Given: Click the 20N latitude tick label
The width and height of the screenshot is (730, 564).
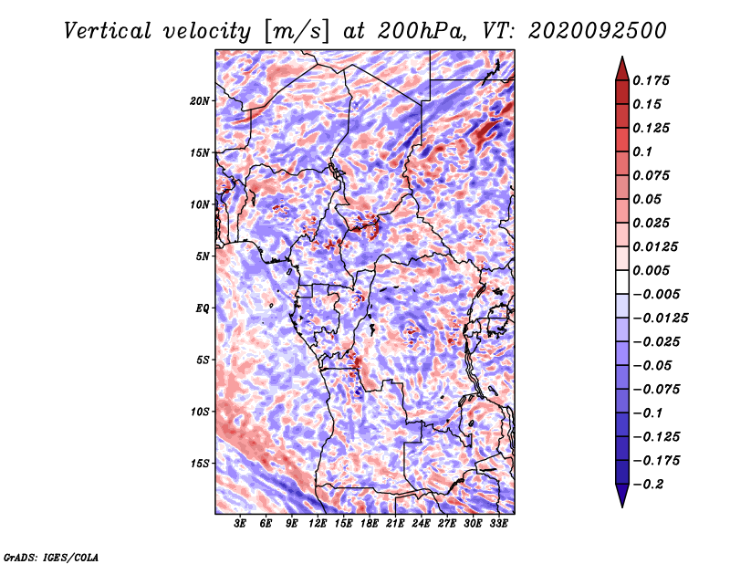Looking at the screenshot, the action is click(x=199, y=101).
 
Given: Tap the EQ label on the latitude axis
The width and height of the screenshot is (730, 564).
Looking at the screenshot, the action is click(x=202, y=308).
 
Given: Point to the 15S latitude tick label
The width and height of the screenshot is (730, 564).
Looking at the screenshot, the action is click(x=200, y=464).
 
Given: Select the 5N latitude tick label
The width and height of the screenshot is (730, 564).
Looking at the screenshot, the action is click(x=202, y=256).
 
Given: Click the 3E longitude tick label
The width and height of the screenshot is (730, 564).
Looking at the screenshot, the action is click(x=240, y=524).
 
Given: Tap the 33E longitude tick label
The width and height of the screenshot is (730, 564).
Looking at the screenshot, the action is click(x=498, y=524).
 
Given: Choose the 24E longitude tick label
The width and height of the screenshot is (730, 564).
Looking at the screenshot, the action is click(x=421, y=524).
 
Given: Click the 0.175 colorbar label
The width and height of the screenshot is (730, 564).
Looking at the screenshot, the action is click(x=651, y=80).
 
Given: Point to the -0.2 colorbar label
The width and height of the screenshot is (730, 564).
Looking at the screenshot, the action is click(x=648, y=485).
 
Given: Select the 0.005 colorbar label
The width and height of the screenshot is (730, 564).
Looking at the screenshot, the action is click(x=651, y=270).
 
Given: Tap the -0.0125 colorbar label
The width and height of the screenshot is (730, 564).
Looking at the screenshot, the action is click(x=660, y=319).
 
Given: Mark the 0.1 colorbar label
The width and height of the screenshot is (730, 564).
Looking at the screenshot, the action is click(x=642, y=151).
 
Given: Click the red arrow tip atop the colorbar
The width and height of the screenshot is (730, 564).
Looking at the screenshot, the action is click(x=622, y=57).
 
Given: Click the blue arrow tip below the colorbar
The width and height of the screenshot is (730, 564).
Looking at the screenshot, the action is click(x=622, y=507).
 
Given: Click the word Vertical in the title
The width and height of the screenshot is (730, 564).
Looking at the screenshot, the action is click(x=108, y=31).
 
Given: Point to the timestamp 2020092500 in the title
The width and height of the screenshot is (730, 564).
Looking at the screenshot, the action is click(x=598, y=31).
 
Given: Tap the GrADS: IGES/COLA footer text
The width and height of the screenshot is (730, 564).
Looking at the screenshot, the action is click(x=51, y=557).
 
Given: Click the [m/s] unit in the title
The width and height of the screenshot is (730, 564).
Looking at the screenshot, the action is click(x=297, y=32).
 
